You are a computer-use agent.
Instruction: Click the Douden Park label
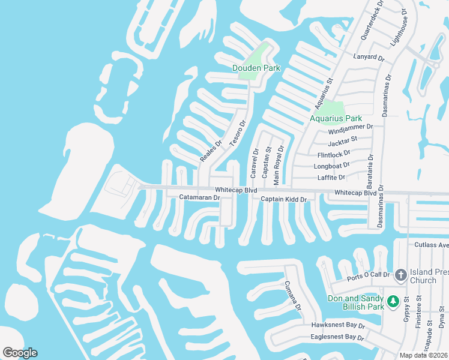point(256,68)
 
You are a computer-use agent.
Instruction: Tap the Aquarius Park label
point(336,118)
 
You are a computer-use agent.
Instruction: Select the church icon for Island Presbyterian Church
point(401,275)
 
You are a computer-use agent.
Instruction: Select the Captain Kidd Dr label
point(283,199)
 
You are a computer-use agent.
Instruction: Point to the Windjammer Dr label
point(351,127)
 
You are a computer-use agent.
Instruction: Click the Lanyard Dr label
point(369,58)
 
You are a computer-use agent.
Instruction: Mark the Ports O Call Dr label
point(369,277)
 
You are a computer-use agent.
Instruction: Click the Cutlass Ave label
point(432,245)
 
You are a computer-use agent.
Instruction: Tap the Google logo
point(20,353)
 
